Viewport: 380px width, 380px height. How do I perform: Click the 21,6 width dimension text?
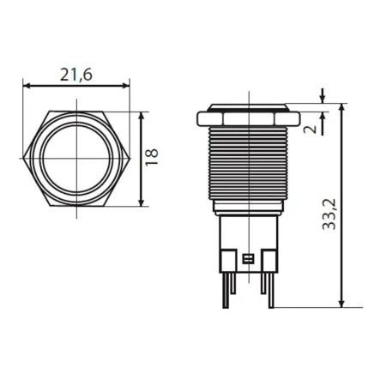[76, 75]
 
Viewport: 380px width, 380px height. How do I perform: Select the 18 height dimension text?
[152, 157]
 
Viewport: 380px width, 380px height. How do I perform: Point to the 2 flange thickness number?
[310, 126]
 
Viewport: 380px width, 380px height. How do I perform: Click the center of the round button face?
[76, 159]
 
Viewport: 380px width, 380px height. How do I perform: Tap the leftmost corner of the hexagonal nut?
[24, 159]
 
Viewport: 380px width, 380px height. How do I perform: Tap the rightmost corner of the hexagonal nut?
[130, 159]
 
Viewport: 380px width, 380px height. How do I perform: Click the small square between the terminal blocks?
[248, 258]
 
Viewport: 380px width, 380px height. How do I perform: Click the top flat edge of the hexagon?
[76, 113]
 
